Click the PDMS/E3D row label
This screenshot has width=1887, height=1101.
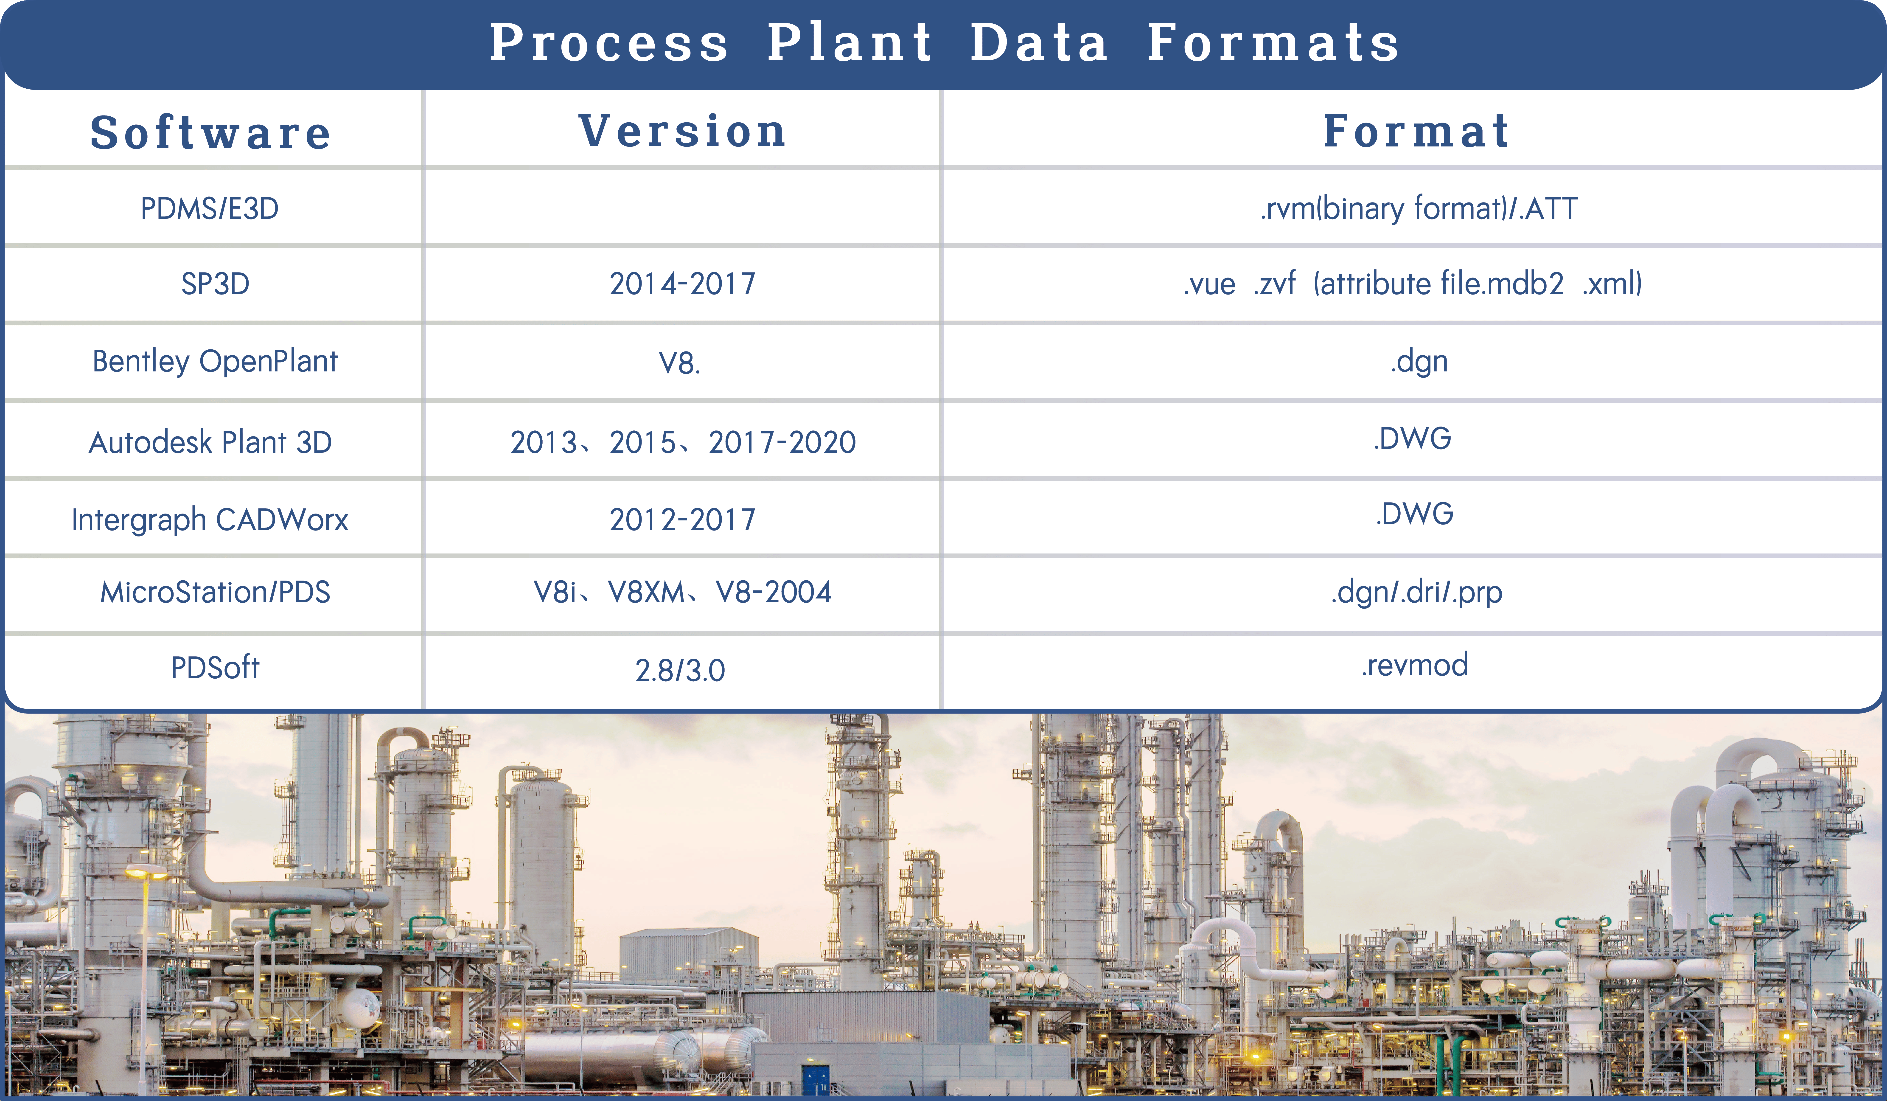pyautogui.click(x=210, y=208)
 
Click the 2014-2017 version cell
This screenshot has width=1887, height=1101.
pyautogui.click(x=682, y=284)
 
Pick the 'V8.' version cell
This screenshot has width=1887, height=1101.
pyautogui.click(x=679, y=363)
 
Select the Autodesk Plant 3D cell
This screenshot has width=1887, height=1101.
pyautogui.click(x=210, y=442)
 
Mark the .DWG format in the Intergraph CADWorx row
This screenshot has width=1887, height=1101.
pyautogui.click(x=1414, y=514)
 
